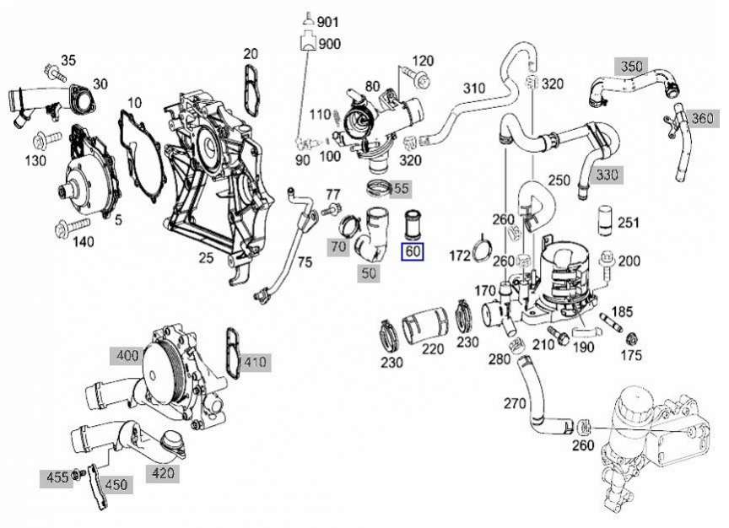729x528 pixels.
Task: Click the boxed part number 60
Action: [413, 251]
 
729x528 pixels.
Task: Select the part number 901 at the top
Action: [328, 22]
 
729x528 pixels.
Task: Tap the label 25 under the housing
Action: [206, 257]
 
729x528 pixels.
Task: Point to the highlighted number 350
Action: [631, 67]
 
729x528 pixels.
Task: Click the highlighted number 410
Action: [255, 362]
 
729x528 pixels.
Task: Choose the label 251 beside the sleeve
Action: [629, 223]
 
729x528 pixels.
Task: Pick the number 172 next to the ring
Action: [460, 256]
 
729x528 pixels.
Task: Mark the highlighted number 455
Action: [57, 477]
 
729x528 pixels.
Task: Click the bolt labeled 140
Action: [73, 227]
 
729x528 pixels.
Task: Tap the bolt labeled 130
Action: [47, 140]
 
